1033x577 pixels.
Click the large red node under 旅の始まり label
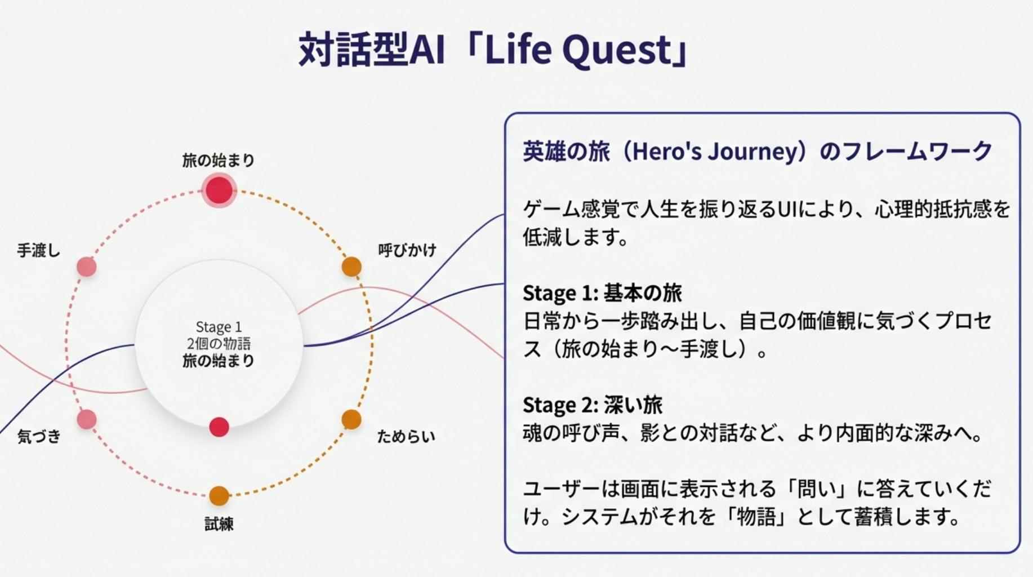click(219, 190)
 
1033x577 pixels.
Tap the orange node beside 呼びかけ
click(351, 267)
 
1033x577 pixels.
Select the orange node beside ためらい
click(351, 419)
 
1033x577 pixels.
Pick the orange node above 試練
click(219, 496)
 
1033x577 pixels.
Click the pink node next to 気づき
click(86, 419)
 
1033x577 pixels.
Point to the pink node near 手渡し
click(86, 267)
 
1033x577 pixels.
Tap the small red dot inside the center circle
click(219, 427)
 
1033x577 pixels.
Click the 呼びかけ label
click(407, 250)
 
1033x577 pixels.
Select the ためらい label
click(406, 436)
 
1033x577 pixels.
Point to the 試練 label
click(219, 524)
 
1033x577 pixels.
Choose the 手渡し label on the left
click(38, 250)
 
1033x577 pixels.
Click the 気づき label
click(38, 436)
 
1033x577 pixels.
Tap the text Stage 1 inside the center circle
click(219, 327)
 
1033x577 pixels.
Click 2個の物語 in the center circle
click(219, 344)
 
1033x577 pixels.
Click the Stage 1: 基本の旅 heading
click(602, 293)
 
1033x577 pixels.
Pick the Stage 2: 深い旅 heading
click(592, 405)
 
